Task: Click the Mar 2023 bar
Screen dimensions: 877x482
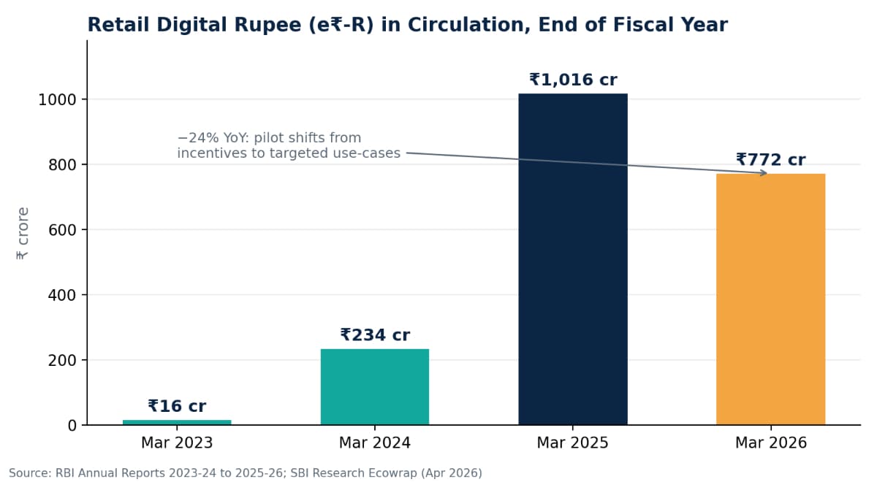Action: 177,422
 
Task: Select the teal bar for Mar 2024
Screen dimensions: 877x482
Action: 375,387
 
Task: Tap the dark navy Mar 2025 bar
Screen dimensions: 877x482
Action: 573,259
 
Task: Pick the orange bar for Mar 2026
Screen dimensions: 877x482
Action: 770,299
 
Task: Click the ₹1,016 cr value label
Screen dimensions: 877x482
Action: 573,80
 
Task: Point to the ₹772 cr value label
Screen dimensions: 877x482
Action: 770,160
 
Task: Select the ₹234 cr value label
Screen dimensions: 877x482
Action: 375,335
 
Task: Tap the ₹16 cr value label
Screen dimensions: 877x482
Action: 177,406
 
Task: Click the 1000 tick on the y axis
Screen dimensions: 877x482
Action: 57,100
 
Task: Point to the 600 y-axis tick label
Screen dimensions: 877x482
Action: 62,230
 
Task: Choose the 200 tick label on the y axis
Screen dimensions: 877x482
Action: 62,360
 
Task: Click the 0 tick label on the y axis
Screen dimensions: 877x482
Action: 72,426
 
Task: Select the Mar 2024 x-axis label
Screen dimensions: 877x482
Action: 375,443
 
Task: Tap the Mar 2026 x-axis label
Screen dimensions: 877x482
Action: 770,443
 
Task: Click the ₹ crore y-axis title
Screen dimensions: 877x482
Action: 23,234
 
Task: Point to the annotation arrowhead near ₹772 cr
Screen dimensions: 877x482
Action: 764,172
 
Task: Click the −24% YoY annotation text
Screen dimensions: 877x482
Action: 289,145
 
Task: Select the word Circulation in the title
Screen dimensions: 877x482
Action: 466,25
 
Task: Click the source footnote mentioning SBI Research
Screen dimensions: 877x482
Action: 246,473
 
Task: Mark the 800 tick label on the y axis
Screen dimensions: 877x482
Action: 62,165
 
